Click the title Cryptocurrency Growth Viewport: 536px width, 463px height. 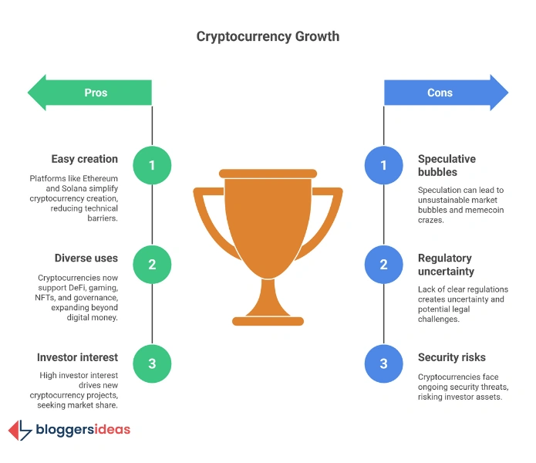(x=268, y=36)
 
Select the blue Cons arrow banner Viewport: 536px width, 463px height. (x=444, y=93)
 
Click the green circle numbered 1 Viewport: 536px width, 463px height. (x=152, y=165)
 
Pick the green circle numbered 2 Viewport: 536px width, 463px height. (x=152, y=264)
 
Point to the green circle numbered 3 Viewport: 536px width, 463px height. (x=152, y=363)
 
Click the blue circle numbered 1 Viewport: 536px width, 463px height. (x=384, y=165)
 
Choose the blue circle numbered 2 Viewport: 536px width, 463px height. (x=384, y=264)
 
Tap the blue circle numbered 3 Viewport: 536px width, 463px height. (x=384, y=363)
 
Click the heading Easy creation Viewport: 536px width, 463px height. (x=85, y=159)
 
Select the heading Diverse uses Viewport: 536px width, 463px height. (x=86, y=259)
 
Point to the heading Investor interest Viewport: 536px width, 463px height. (x=77, y=357)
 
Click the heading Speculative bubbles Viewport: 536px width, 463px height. (x=447, y=165)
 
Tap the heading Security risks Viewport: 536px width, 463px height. (x=453, y=357)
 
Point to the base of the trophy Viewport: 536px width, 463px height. (x=268, y=316)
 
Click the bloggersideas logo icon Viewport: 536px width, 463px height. (x=19, y=430)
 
